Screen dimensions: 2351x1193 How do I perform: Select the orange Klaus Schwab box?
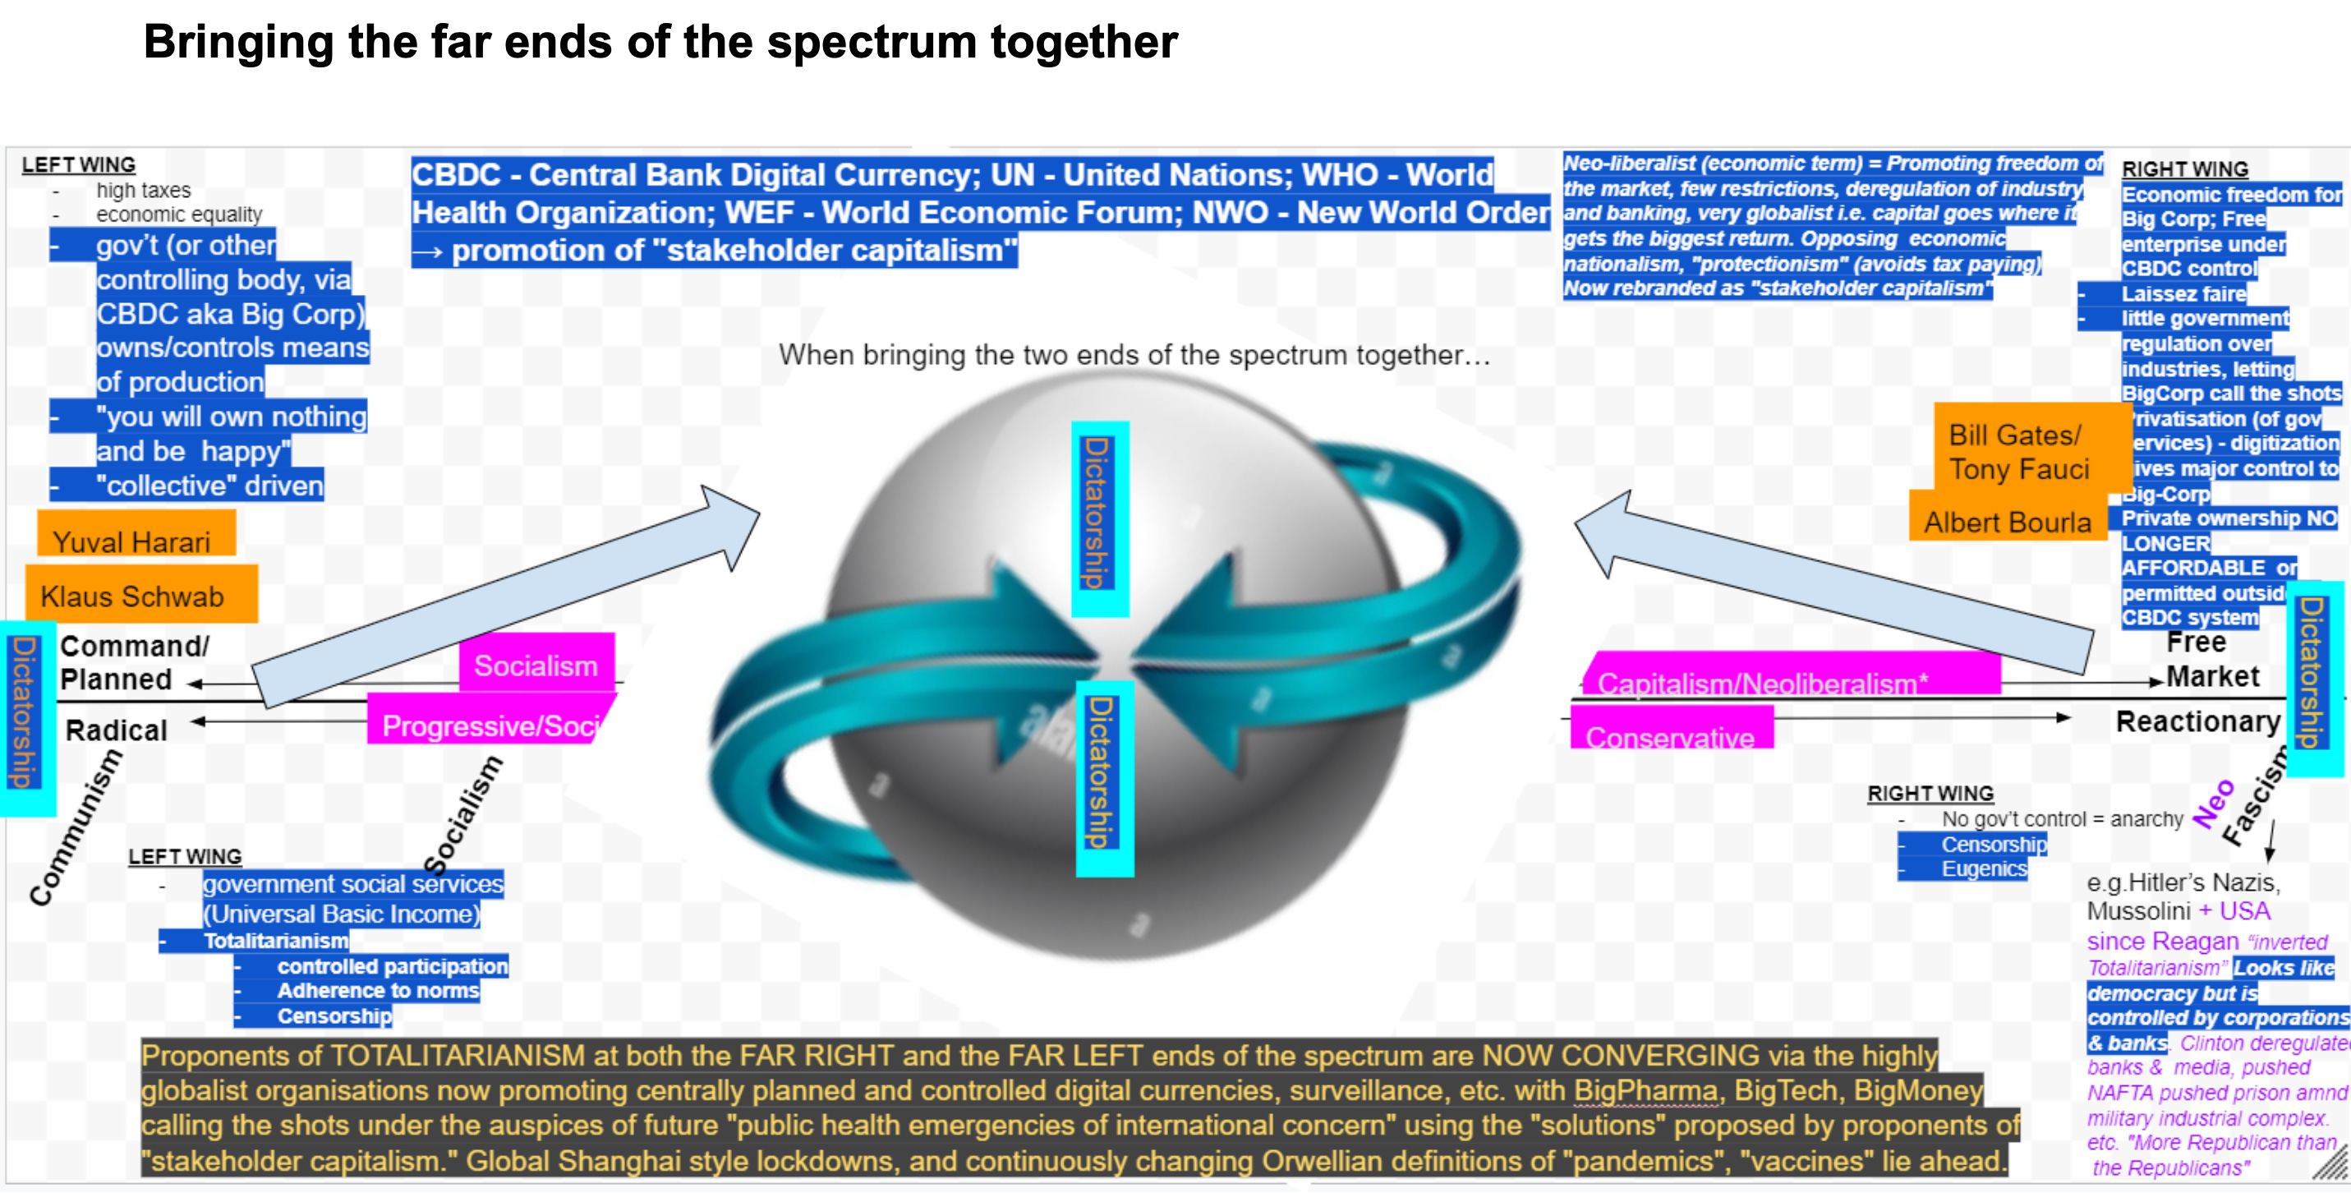pos(140,594)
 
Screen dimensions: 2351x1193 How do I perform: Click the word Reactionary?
pos(2197,721)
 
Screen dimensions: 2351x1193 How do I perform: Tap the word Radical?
pos(116,730)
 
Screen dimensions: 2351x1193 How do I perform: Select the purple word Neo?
pos(2214,804)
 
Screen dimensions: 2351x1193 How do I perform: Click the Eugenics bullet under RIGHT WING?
pos(1983,869)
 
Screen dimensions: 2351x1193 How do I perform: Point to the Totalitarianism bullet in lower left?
pos(274,941)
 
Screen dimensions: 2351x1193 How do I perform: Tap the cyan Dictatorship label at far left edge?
pos(25,713)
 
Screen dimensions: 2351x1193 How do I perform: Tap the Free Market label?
pos(2209,659)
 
